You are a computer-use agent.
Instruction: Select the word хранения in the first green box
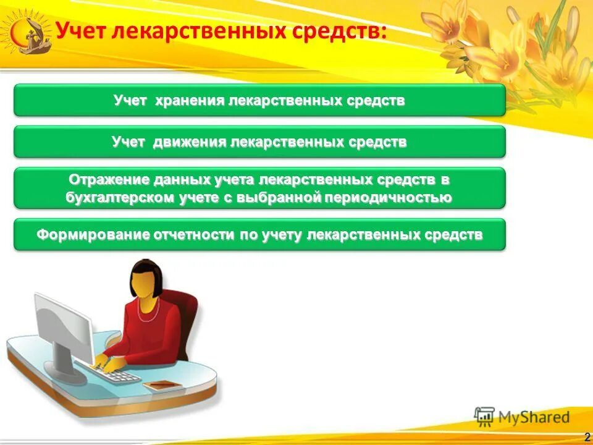coord(190,100)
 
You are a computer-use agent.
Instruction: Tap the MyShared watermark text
coord(534,417)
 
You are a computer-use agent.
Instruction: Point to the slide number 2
coord(586,438)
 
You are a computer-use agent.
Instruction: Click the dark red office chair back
coord(185,315)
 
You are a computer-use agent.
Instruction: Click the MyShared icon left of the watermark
coord(485,416)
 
